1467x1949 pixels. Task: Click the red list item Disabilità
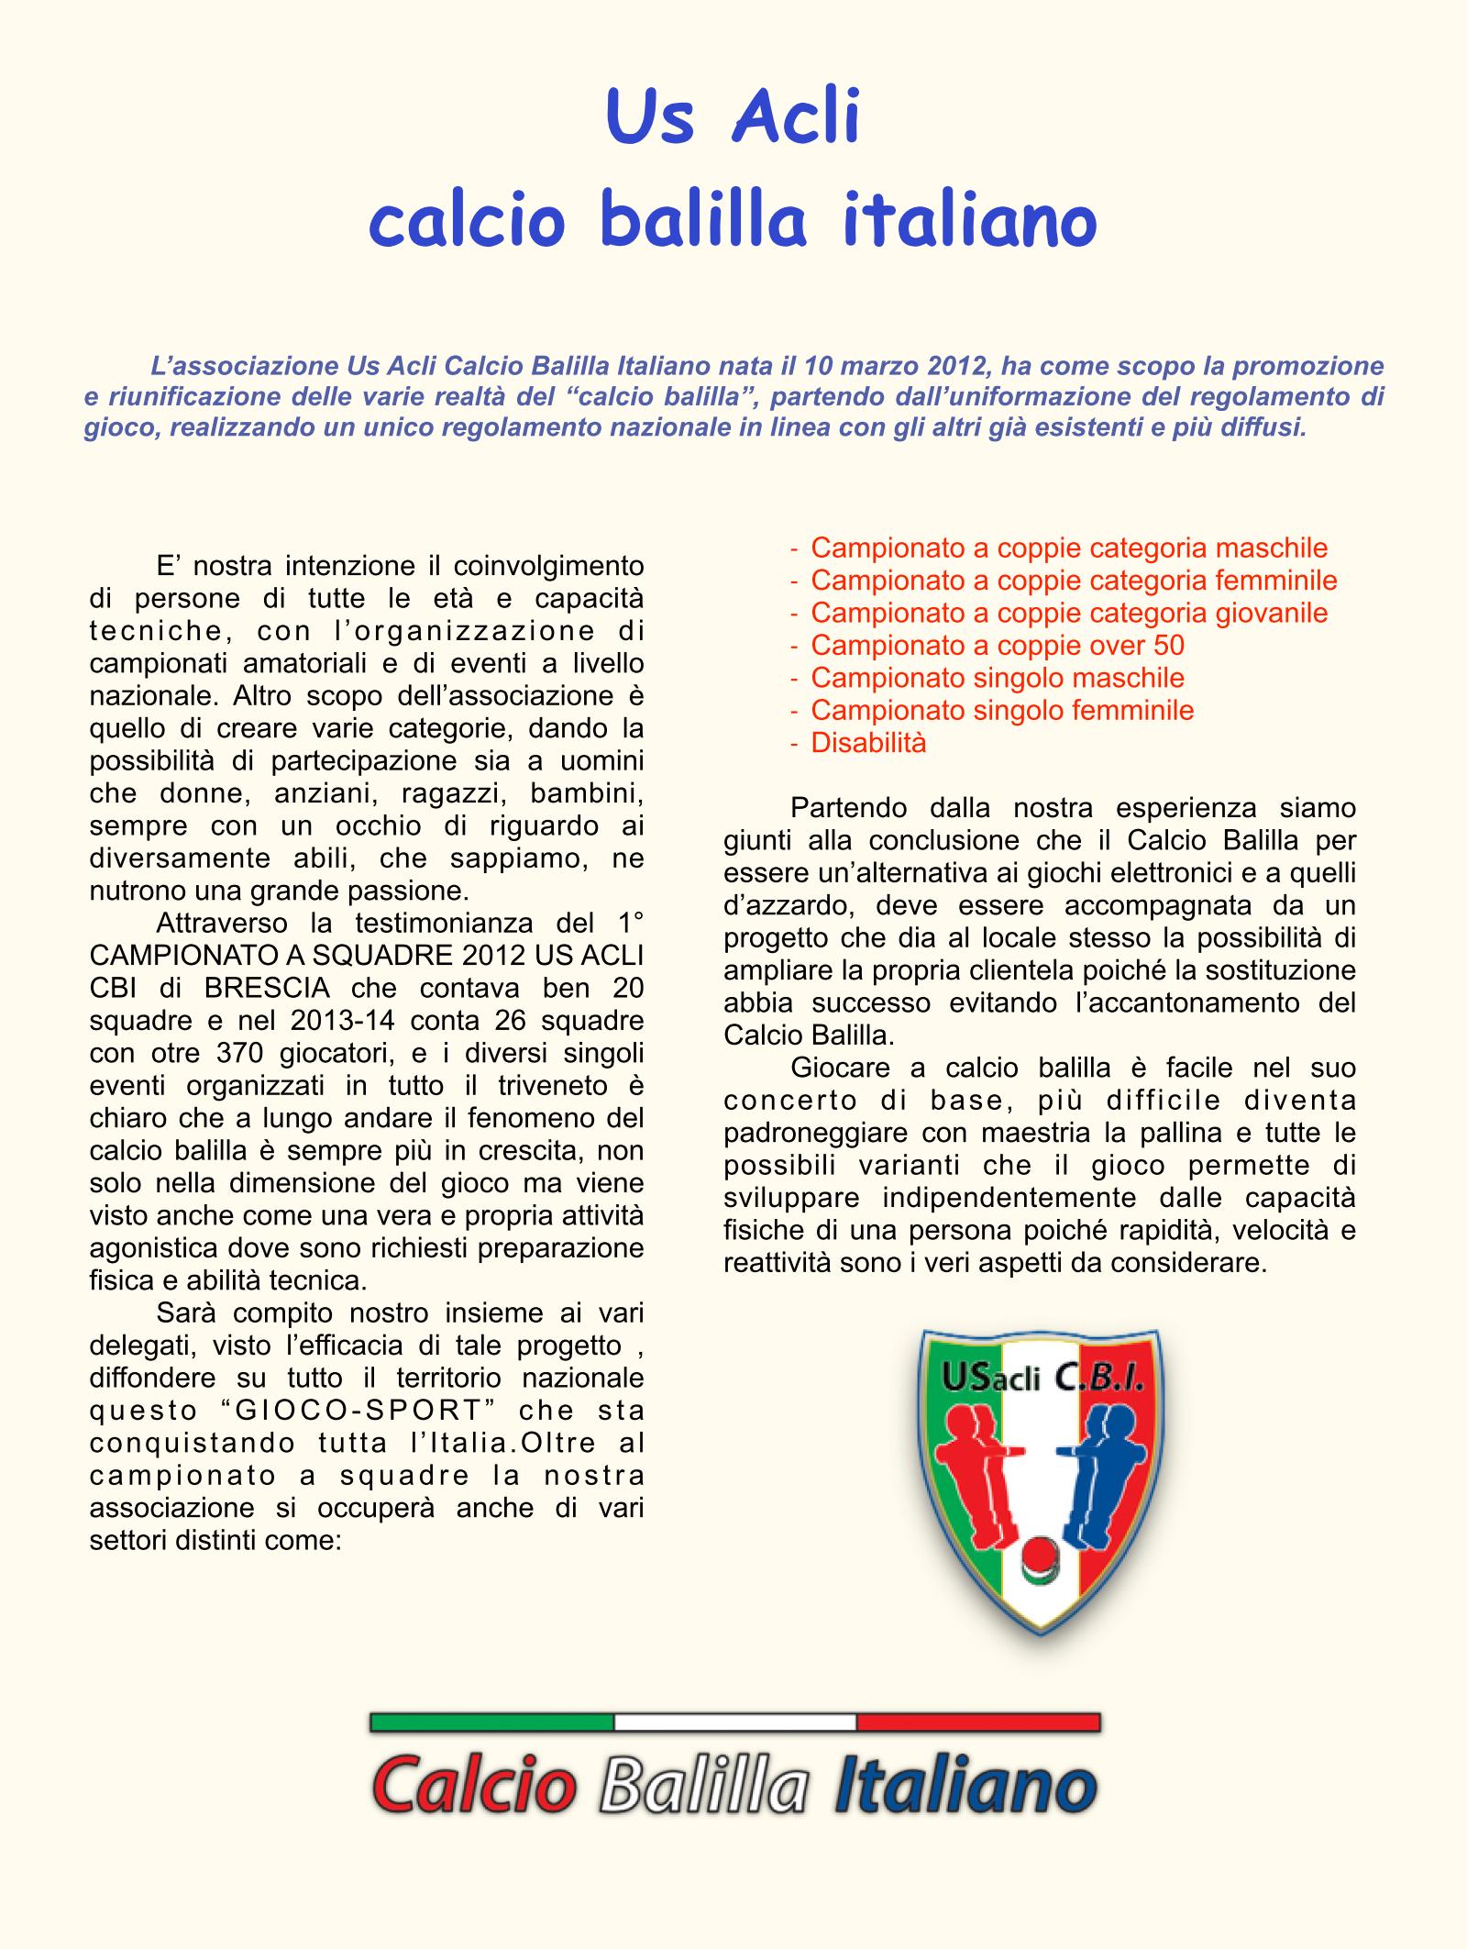[x=868, y=743]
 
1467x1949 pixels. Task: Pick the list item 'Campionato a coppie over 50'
[x=998, y=646]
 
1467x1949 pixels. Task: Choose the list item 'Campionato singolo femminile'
[x=1002, y=711]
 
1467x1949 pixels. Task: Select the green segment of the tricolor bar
[x=491, y=1722]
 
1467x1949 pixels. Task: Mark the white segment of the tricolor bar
[x=734, y=1722]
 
